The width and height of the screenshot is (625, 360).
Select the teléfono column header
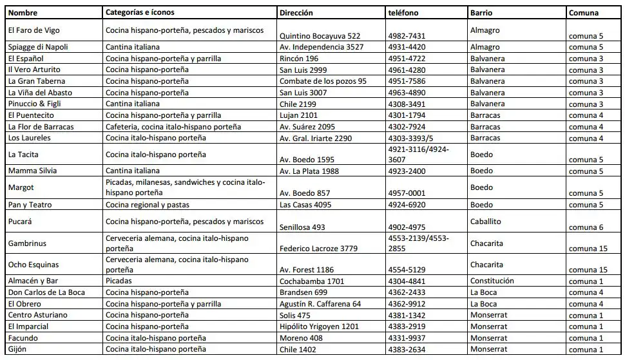(x=403, y=12)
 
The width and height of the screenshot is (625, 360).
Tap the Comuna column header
(x=583, y=12)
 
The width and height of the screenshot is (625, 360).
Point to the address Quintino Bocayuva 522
(x=320, y=36)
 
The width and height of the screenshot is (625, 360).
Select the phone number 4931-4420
(x=407, y=47)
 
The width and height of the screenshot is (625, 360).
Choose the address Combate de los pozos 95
(x=322, y=81)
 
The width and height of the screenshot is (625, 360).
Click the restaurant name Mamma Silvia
(x=32, y=171)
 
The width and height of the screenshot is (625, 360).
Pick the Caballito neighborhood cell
(x=488, y=222)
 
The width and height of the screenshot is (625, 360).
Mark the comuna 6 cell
(x=585, y=227)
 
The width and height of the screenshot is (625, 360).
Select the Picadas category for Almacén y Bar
(x=119, y=281)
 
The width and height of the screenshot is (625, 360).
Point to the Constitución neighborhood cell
(x=492, y=281)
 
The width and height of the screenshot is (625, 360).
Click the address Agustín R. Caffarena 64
(x=320, y=304)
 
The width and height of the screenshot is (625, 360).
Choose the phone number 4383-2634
(x=407, y=350)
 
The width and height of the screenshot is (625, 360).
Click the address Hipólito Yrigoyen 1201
(x=318, y=327)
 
